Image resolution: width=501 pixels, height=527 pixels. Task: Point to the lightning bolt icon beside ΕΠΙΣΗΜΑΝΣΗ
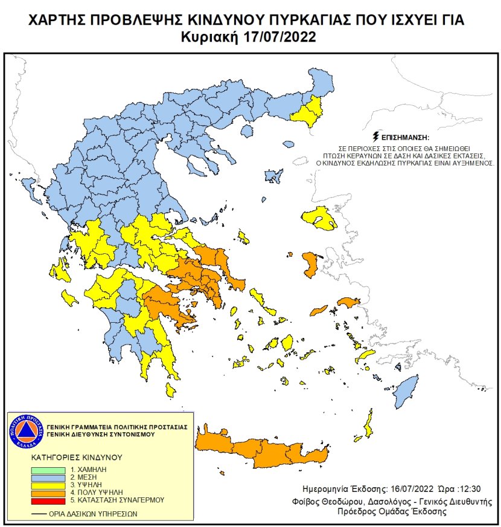tap(377, 137)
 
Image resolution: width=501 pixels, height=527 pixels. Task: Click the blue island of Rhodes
tap(406, 391)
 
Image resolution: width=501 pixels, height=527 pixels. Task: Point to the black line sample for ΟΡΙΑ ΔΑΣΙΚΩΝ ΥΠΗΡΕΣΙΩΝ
tap(41, 514)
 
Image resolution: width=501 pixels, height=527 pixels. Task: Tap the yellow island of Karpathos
tap(366, 425)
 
